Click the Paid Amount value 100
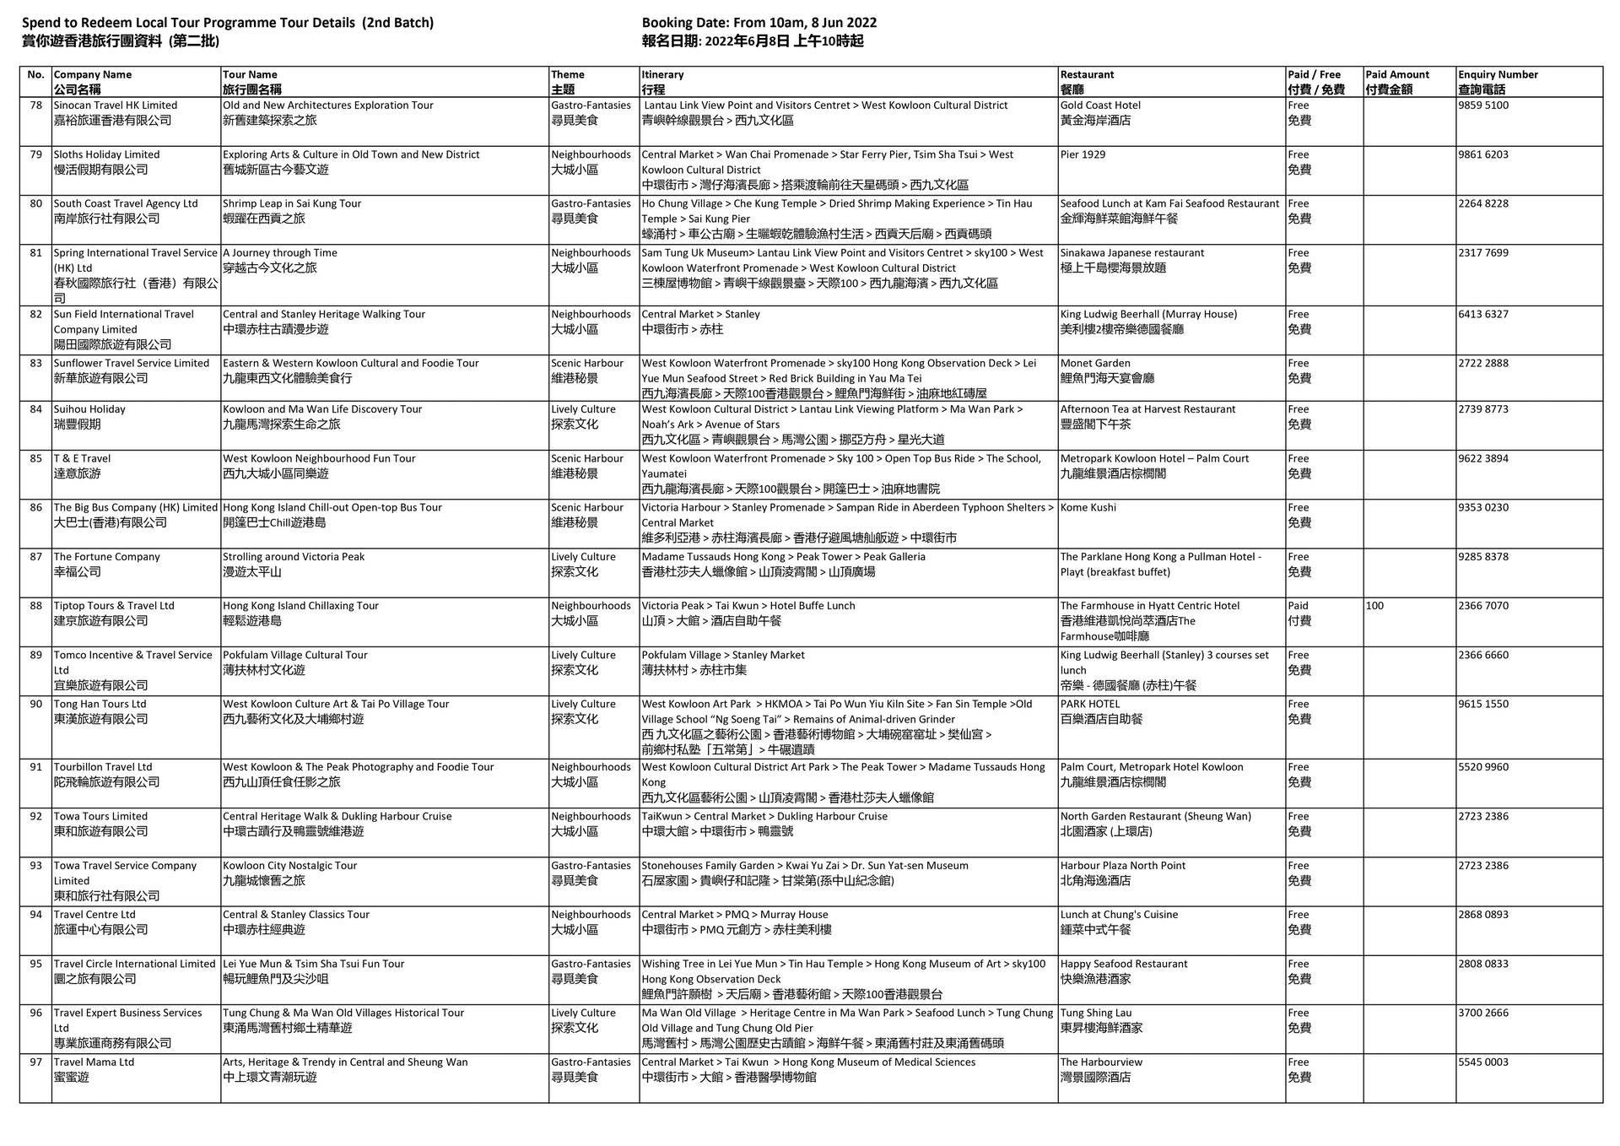1374,606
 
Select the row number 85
35,459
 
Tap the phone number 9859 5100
1483,105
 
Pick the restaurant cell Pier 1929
1083,154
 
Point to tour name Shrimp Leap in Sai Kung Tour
292,203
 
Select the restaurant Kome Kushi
1088,508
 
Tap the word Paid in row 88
1298,606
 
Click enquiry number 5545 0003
1483,1062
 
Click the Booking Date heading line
759,23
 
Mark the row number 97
35,1062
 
